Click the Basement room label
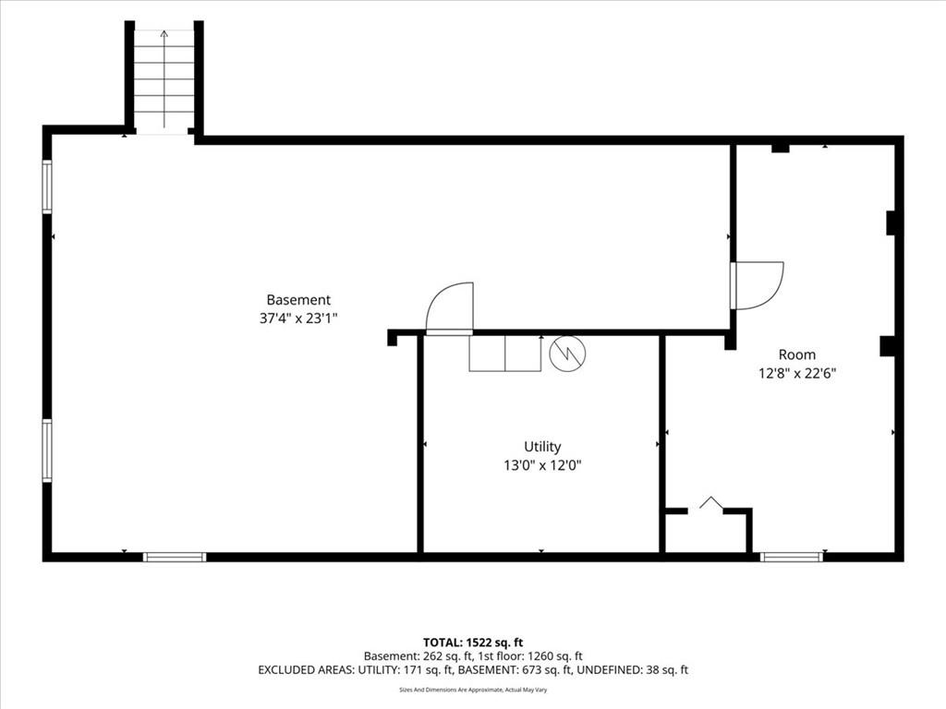[298, 300]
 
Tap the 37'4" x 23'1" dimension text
[298, 318]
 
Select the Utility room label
[542, 447]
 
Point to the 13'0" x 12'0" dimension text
[542, 465]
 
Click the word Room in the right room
[797, 354]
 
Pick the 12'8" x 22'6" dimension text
[797, 373]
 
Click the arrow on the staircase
[164, 78]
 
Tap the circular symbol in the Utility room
[568, 353]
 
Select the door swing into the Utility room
[450, 307]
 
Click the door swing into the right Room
[758, 286]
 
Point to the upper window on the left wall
[47, 186]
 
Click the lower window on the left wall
[47, 451]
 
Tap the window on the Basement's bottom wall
[175, 557]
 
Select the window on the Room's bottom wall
[792, 557]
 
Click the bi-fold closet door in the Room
[711, 503]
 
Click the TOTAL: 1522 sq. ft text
[473, 643]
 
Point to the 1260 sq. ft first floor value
[555, 656]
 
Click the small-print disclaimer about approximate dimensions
[473, 690]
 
